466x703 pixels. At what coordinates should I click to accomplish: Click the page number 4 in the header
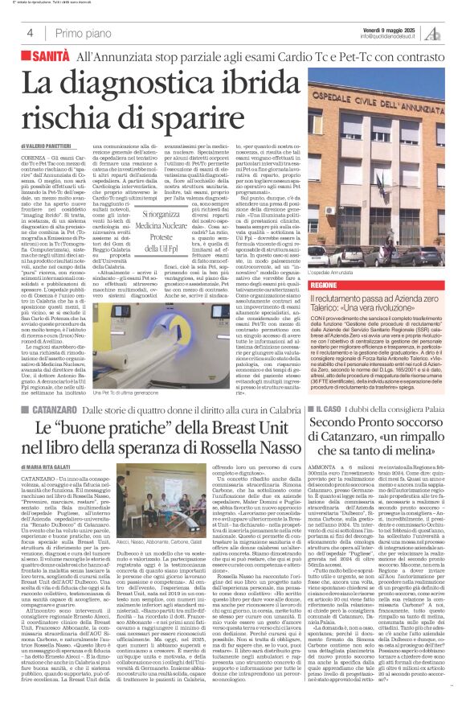[29, 33]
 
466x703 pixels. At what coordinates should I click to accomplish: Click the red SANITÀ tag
[45, 58]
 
